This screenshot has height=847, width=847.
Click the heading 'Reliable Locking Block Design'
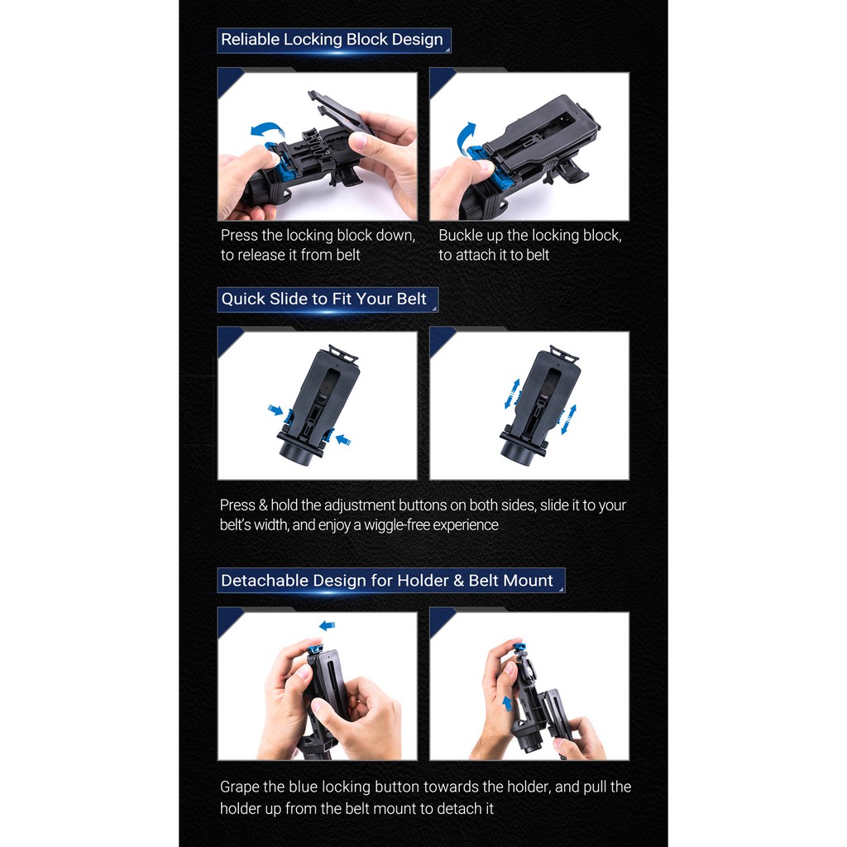pyautogui.click(x=332, y=40)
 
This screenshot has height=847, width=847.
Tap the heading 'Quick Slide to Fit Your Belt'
pyautogui.click(x=323, y=299)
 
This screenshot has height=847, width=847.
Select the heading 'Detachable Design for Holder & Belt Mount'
pyautogui.click(x=387, y=580)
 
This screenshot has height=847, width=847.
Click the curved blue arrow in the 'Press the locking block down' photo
pyautogui.click(x=267, y=130)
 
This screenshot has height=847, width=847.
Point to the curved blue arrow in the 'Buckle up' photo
pyautogui.click(x=465, y=137)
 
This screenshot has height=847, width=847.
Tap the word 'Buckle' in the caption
pyautogui.click(x=458, y=236)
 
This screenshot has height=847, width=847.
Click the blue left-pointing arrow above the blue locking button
pyautogui.click(x=327, y=625)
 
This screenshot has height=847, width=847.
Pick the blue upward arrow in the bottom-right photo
pyautogui.click(x=507, y=704)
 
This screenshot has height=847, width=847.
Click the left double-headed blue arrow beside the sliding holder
pyautogui.click(x=512, y=394)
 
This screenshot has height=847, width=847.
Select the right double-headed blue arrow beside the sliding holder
pyautogui.click(x=568, y=419)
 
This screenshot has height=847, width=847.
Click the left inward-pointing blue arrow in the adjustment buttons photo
pyautogui.click(x=275, y=410)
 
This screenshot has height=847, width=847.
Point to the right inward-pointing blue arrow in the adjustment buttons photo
pyautogui.click(x=343, y=440)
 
